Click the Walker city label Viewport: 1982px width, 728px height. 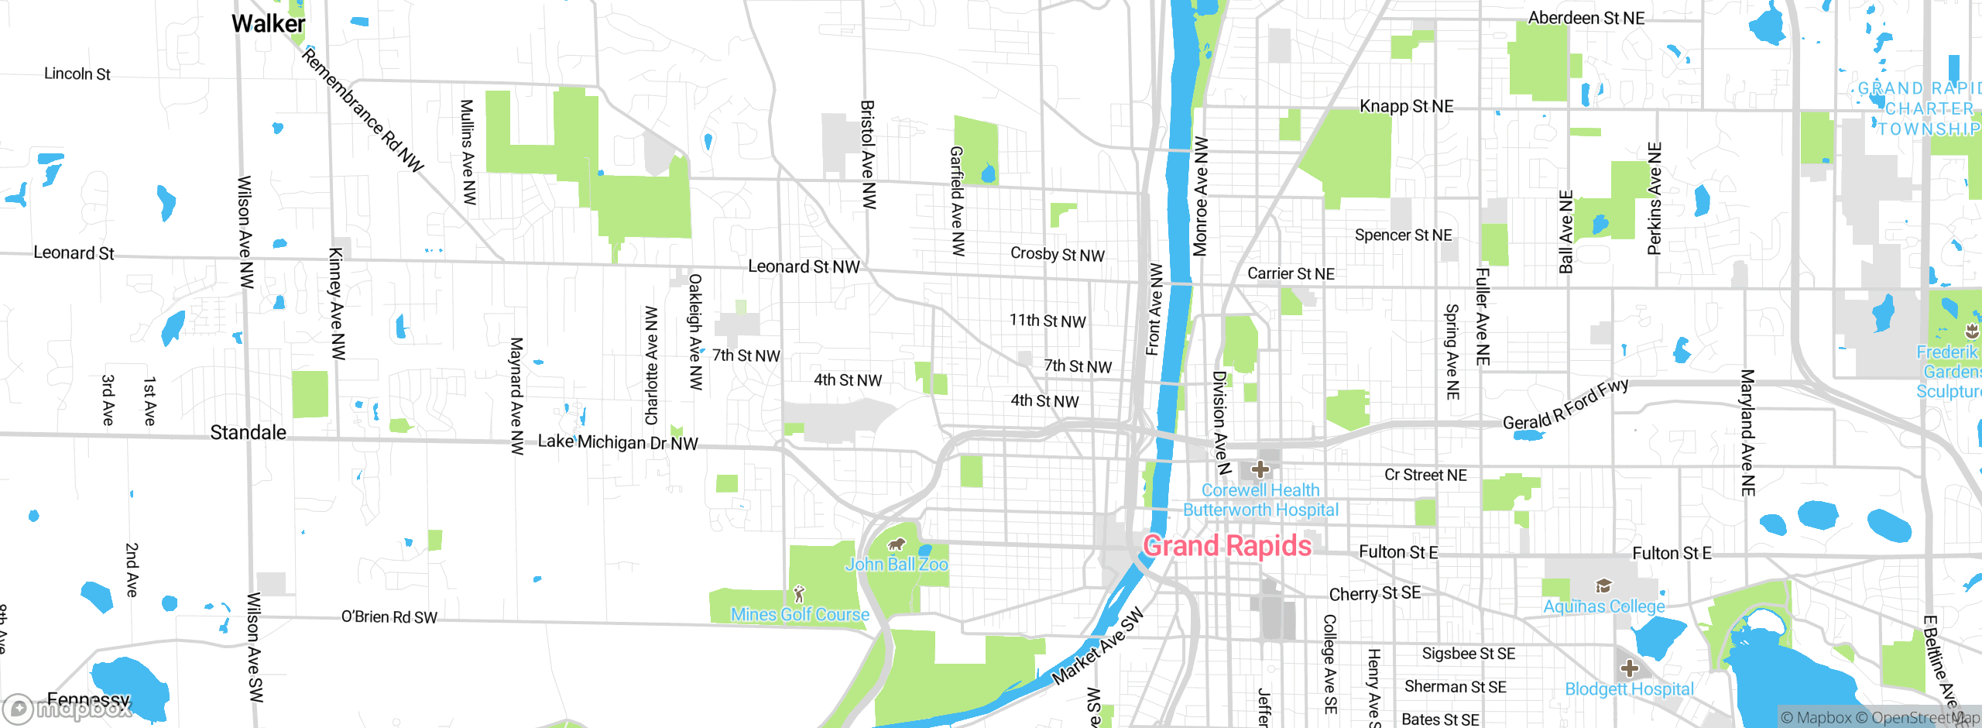coord(268,24)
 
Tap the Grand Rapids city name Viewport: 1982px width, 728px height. coord(1227,546)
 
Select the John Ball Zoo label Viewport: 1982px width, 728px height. coord(897,564)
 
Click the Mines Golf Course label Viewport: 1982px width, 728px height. coord(800,614)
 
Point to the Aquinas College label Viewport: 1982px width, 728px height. coord(1604,606)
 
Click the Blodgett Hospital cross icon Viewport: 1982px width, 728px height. coord(1630,668)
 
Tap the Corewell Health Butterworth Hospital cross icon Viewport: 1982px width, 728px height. coord(1260,469)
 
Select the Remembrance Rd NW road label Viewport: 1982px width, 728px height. coord(362,109)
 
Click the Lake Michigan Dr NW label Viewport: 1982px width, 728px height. coord(618,442)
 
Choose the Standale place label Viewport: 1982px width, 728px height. coord(248,432)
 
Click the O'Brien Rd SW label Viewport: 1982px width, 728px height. coord(389,617)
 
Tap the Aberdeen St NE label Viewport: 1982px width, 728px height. coord(1586,18)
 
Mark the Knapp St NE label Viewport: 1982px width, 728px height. coord(1406,106)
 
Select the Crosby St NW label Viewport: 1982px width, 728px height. coord(1057,254)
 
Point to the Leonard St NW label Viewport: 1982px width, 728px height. coord(804,266)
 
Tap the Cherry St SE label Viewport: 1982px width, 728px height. coord(1374,593)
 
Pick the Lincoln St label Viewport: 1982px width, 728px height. coord(77,74)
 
